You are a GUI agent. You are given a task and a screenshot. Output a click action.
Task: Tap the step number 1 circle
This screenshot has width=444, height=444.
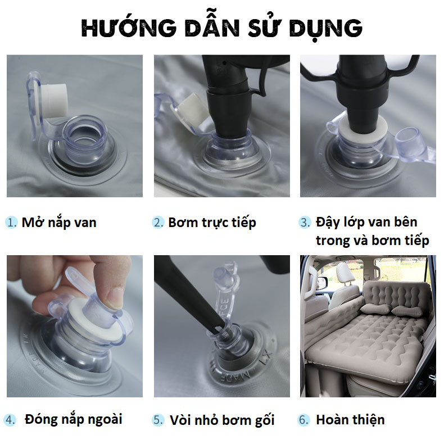11,223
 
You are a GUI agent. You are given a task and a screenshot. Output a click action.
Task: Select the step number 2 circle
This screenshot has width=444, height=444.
158,223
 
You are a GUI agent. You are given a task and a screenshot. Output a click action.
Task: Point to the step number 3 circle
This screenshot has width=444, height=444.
305,223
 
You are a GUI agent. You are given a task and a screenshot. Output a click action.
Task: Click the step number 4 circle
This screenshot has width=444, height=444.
10,420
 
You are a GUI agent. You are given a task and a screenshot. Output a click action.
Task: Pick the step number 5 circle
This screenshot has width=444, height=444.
157,420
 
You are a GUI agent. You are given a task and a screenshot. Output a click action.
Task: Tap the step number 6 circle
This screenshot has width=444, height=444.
303,420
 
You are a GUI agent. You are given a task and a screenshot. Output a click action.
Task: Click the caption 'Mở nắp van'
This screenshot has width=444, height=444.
59,223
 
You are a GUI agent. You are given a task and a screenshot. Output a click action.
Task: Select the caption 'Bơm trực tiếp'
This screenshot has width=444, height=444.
212,223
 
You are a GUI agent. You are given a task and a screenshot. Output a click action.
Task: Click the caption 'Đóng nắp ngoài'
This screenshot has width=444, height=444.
74,420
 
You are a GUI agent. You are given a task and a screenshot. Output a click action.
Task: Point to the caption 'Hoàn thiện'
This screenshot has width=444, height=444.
350,420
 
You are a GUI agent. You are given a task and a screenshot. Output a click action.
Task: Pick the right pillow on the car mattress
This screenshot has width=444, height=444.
409,311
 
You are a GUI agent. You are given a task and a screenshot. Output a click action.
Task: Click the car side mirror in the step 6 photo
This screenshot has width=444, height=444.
322,282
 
